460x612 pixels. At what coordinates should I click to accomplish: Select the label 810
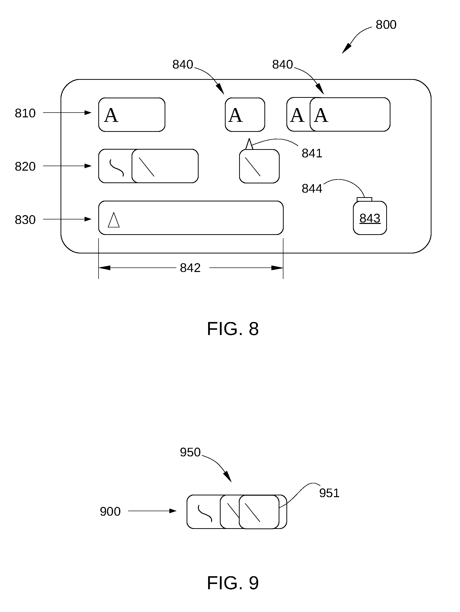25,113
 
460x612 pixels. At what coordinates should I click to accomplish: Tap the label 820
25,167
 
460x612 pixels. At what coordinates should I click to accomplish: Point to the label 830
25,220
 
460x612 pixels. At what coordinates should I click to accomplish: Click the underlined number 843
370,218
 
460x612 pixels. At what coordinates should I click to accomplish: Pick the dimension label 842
190,268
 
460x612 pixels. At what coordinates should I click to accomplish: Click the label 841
312,153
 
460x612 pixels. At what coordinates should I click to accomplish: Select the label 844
312,189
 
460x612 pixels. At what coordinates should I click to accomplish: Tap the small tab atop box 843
364,199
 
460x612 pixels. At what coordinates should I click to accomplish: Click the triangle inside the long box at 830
114,220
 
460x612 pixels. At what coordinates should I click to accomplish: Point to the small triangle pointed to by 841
249,144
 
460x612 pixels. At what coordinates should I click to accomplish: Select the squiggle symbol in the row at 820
117,168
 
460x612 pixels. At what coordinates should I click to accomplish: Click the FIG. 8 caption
233,329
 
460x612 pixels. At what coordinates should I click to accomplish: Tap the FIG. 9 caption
233,583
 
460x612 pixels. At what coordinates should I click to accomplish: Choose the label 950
190,452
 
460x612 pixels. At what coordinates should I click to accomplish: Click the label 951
329,493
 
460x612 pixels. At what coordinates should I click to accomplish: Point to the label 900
110,512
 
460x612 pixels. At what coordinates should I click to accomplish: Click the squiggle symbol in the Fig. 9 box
205,513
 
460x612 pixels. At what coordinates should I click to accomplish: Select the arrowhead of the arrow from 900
173,511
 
